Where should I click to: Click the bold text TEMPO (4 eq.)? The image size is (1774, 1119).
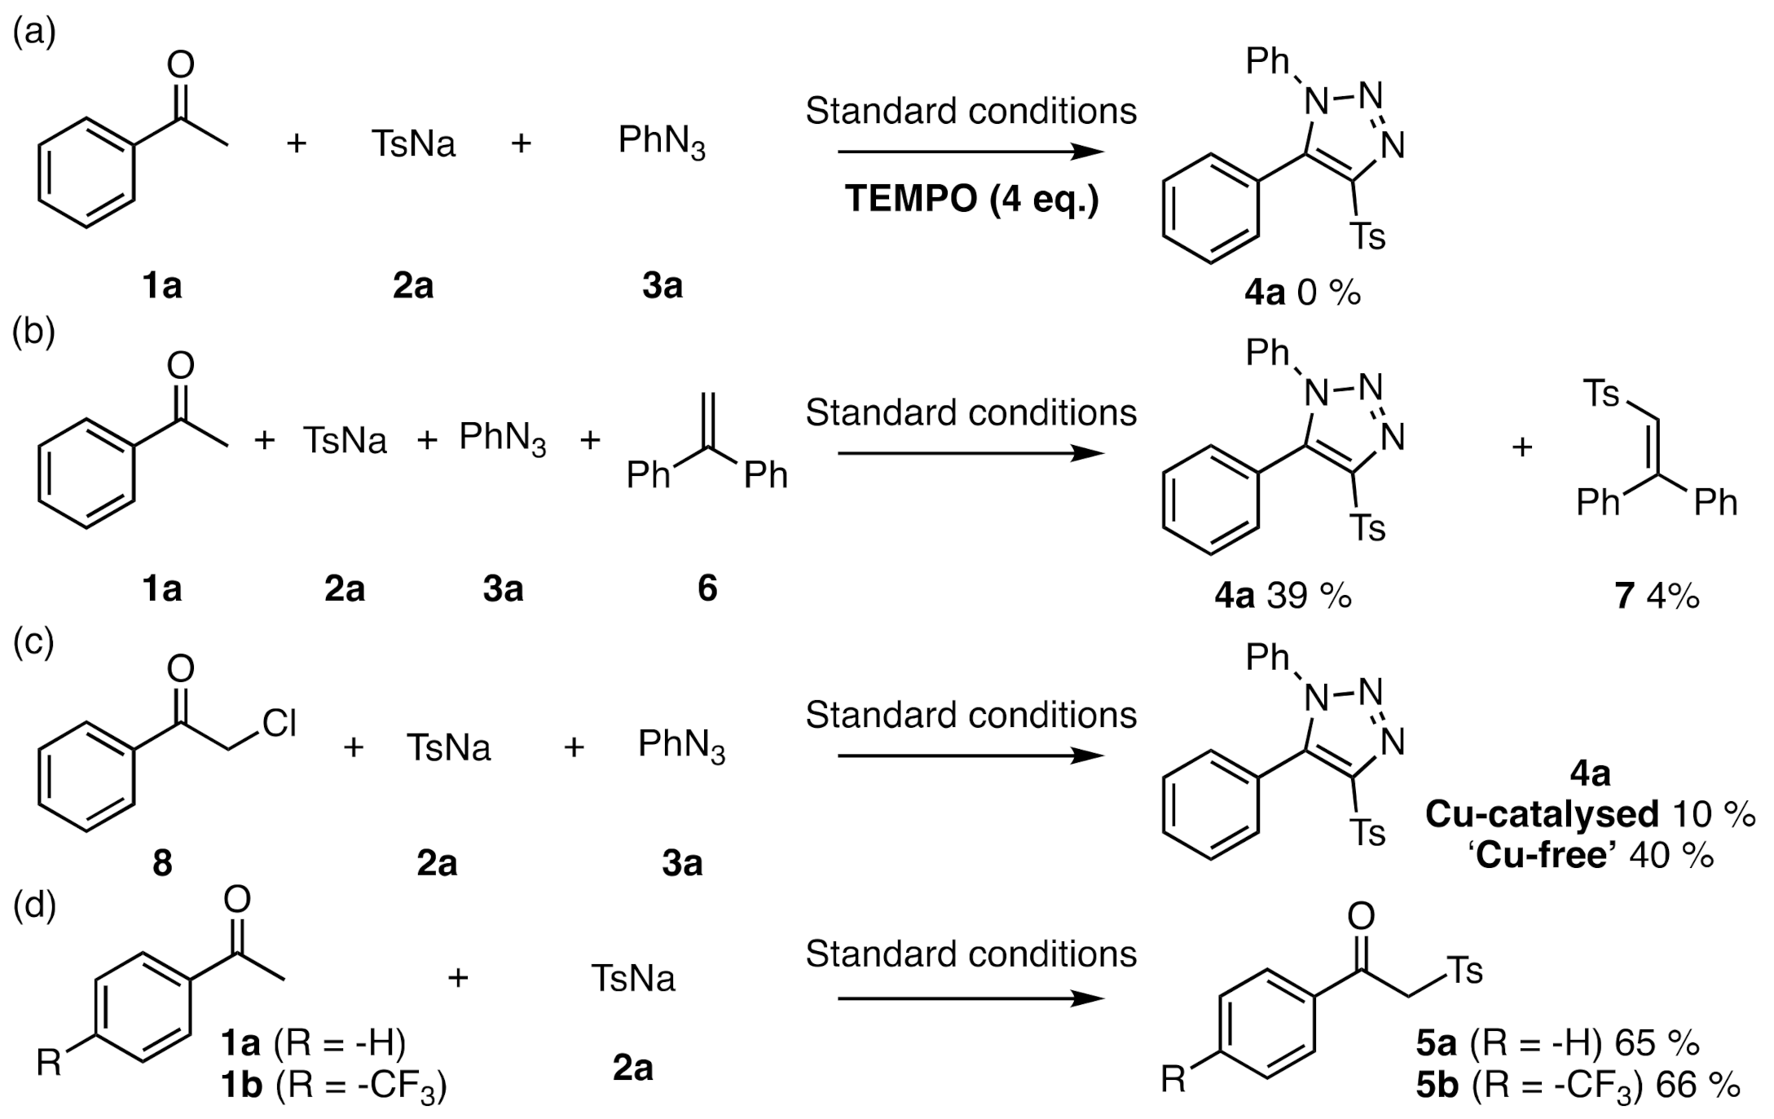tap(971, 199)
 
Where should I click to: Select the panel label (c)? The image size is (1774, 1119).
tap(33, 641)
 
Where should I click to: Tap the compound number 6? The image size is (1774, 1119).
tap(707, 588)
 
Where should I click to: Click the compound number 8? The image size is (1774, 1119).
tap(162, 862)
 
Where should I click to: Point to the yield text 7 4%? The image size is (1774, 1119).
tap(1657, 597)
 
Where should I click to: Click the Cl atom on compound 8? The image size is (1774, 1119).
tap(279, 723)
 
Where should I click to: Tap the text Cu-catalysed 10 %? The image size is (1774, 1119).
tap(1589, 813)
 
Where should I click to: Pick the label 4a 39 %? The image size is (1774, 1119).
tap(1283, 597)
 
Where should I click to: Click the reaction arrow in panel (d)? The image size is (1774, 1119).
tap(970, 999)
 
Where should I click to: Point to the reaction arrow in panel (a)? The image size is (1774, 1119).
tap(970, 152)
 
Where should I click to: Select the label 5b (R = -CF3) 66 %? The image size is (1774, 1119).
tap(1578, 1086)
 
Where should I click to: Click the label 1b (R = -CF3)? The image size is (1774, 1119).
tap(333, 1086)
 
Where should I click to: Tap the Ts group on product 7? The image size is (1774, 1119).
tap(1600, 394)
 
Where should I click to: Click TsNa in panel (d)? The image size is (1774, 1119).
tap(633, 978)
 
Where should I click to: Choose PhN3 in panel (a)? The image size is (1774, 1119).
tap(662, 143)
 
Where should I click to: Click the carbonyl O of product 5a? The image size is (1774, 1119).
tap(1361, 915)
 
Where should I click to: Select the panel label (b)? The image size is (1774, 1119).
tap(33, 333)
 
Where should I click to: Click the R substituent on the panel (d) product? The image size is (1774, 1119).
tap(1173, 1081)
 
